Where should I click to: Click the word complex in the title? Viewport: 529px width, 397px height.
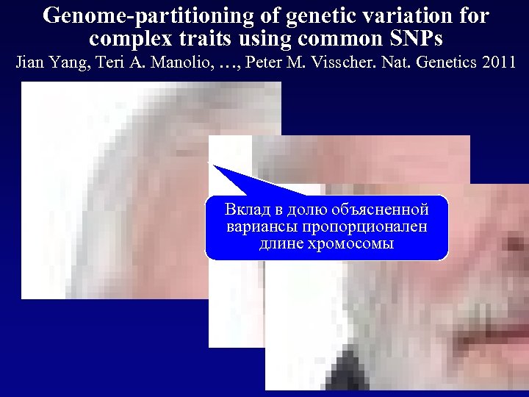(x=133, y=37)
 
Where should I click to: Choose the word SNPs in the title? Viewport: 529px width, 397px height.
(x=413, y=37)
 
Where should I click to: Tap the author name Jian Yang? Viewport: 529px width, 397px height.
(x=47, y=63)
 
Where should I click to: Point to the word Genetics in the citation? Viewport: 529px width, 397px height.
(x=446, y=63)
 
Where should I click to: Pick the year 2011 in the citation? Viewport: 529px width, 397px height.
(x=500, y=63)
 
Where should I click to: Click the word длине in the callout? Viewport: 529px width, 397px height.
(x=278, y=243)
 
